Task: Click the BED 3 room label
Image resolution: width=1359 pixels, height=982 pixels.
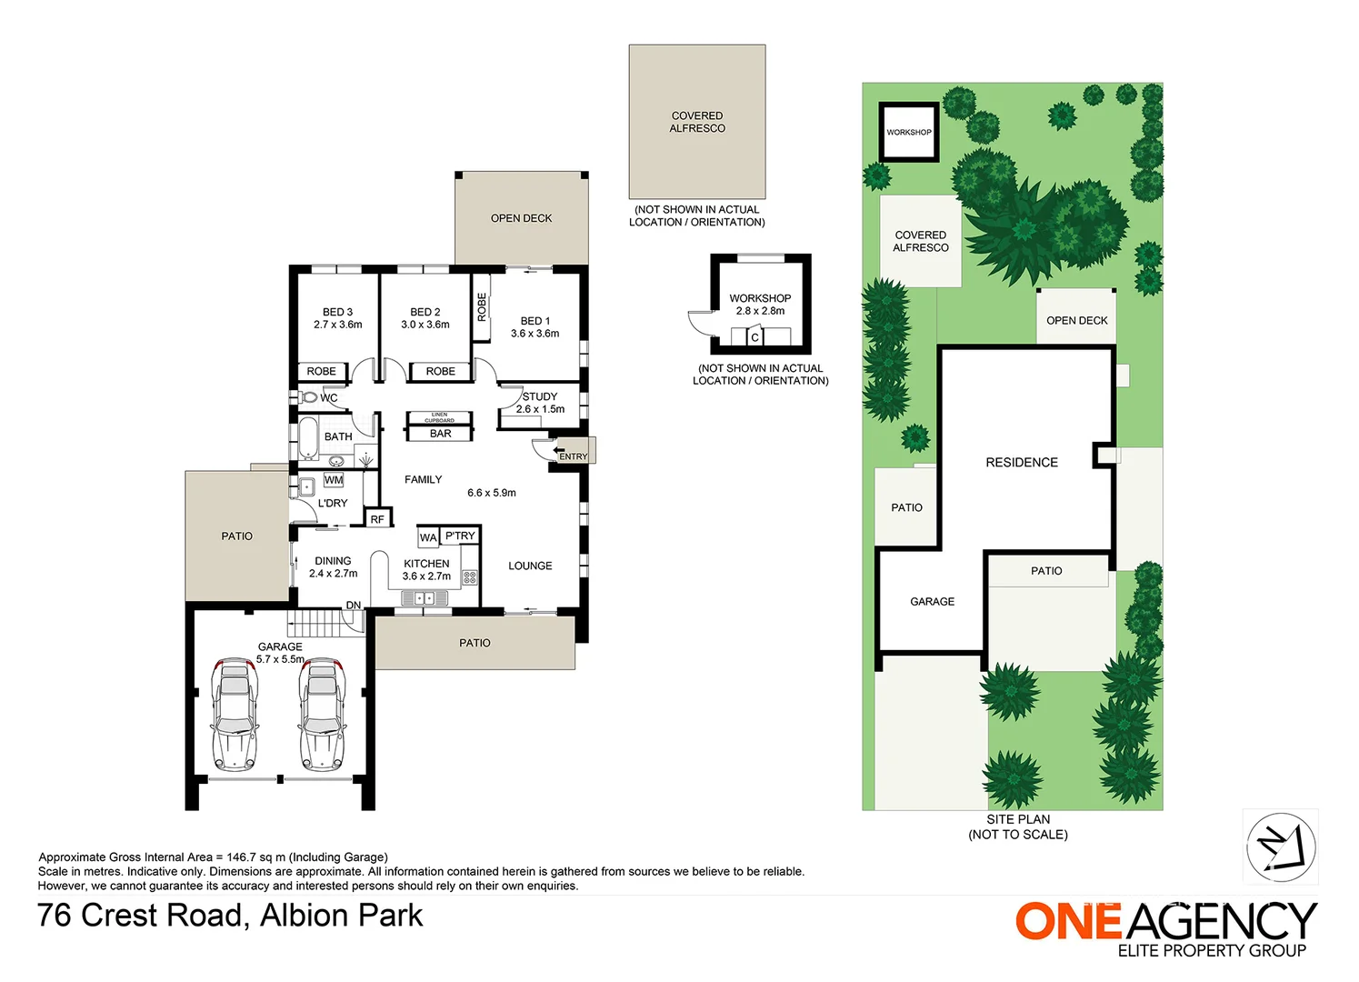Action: click(337, 312)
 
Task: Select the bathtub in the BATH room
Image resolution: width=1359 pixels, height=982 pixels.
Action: click(308, 438)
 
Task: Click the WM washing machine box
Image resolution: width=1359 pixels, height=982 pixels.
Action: click(334, 479)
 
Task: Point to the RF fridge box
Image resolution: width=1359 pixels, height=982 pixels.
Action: click(377, 519)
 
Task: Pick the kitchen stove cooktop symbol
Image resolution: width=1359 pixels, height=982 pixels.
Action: click(470, 576)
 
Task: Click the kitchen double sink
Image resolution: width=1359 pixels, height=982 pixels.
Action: click(425, 598)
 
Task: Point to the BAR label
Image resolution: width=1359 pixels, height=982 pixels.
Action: click(441, 434)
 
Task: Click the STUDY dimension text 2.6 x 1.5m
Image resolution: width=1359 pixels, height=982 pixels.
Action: click(540, 409)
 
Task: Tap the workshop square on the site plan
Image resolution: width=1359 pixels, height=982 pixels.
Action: click(909, 132)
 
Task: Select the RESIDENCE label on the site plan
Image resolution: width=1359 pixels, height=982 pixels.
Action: click(1022, 463)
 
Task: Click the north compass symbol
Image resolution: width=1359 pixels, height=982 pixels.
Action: click(1281, 847)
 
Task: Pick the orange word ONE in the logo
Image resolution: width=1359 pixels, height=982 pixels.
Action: click(1069, 921)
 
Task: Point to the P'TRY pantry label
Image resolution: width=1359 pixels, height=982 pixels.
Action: click(460, 536)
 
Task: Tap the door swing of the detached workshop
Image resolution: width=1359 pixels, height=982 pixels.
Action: click(699, 324)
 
